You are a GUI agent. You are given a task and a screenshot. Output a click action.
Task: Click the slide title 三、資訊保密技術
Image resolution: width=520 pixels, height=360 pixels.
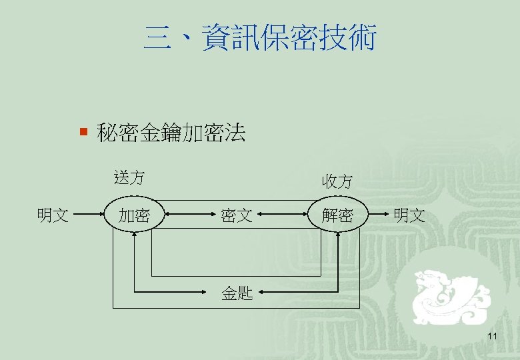point(260,38)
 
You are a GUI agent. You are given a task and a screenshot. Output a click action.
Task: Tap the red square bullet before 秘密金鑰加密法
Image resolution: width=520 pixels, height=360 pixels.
point(83,133)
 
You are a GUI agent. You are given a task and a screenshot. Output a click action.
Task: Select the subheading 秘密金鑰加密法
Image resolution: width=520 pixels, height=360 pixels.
point(171,133)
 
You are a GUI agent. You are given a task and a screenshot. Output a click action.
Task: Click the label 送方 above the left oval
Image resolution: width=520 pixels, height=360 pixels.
point(129,178)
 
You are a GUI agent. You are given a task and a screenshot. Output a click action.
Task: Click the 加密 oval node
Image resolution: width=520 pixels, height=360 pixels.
point(133,215)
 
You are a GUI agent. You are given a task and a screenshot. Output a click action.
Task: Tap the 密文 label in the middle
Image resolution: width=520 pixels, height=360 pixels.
point(237,215)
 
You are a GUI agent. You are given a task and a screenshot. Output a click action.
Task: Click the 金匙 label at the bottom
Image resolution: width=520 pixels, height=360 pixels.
point(237,293)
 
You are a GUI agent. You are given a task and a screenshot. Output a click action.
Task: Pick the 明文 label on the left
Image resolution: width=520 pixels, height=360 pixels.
point(53,215)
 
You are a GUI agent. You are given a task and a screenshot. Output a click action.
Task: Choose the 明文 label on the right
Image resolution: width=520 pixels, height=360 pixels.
point(409,215)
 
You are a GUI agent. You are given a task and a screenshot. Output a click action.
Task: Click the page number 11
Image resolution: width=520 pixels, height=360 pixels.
point(492,335)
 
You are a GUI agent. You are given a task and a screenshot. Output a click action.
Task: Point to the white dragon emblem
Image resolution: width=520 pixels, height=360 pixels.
point(450,297)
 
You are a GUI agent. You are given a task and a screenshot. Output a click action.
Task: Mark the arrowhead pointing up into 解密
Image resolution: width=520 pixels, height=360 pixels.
point(339,236)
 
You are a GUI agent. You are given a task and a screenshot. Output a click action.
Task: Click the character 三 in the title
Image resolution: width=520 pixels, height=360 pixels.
point(156,38)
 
